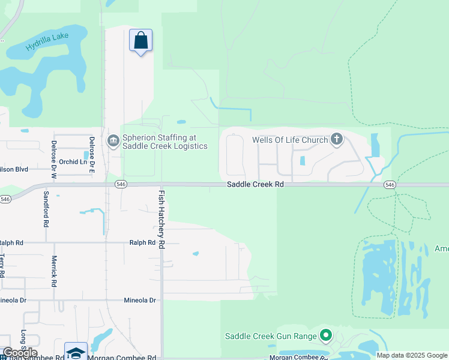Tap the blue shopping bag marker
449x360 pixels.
tap(140, 41)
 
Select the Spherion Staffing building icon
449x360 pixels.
tap(113, 141)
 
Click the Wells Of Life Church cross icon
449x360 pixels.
tap(337, 140)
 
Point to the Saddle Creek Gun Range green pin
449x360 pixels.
tap(326, 335)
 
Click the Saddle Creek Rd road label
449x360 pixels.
tap(255, 185)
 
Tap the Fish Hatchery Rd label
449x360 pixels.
tap(161, 220)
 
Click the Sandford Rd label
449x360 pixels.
tap(46, 209)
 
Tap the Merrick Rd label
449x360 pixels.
tap(53, 271)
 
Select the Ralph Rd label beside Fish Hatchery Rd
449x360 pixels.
tap(142, 243)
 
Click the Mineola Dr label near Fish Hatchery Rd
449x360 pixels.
tap(140, 300)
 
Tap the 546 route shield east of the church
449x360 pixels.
tap(390, 185)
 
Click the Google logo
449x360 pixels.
tap(20, 353)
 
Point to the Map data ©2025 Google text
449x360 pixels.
tap(412, 355)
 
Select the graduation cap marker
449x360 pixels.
tap(76, 352)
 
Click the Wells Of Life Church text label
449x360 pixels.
tap(290, 140)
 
